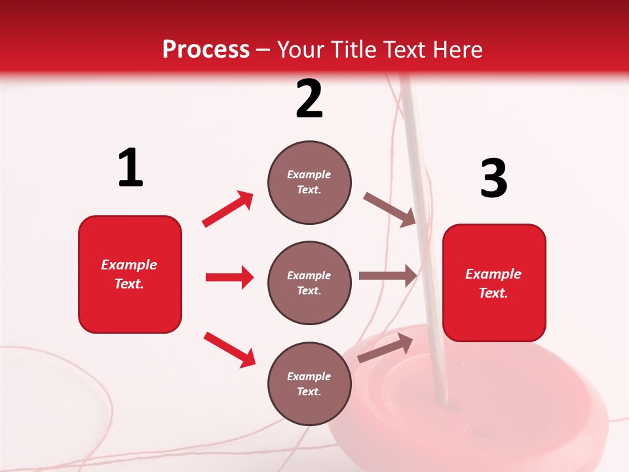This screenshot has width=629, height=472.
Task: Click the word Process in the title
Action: pyautogui.click(x=206, y=50)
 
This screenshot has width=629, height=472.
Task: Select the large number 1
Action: pyautogui.click(x=130, y=168)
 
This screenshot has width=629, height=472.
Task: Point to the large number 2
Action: pyautogui.click(x=309, y=99)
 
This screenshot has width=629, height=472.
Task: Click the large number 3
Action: pyautogui.click(x=493, y=179)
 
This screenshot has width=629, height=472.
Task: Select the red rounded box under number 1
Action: pyautogui.click(x=130, y=274)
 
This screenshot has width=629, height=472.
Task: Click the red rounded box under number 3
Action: pyautogui.click(x=494, y=283)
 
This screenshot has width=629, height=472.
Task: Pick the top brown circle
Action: pyautogui.click(x=309, y=182)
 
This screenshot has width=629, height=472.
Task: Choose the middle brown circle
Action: pyautogui.click(x=309, y=283)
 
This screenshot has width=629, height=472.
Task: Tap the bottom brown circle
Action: pyautogui.click(x=309, y=383)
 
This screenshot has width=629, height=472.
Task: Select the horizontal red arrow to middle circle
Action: pyautogui.click(x=229, y=277)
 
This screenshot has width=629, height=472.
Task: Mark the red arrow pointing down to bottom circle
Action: pyautogui.click(x=229, y=349)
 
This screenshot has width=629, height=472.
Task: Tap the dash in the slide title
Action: pyautogui.click(x=263, y=50)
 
